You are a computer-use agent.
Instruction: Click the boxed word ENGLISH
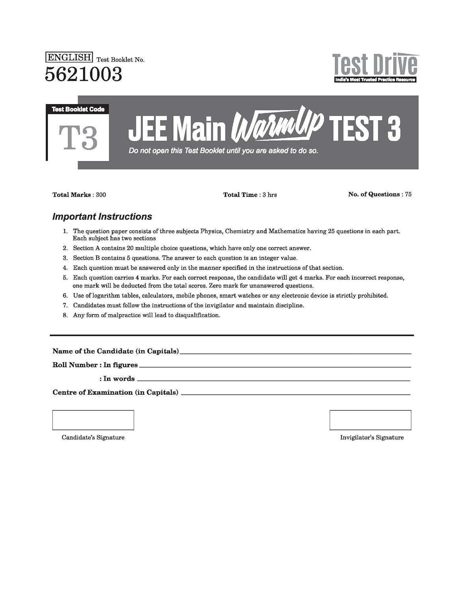click(69, 58)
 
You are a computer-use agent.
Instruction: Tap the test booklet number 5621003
click(84, 74)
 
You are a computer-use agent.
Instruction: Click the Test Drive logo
click(374, 68)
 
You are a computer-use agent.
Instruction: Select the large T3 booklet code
click(78, 138)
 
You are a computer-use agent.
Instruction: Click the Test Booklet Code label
click(78, 109)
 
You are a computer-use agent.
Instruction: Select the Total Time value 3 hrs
click(270, 195)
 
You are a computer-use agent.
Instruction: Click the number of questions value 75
click(408, 194)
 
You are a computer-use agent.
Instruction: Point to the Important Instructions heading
click(102, 217)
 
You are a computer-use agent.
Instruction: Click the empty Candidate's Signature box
click(93, 420)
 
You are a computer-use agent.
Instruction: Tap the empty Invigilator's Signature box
click(370, 420)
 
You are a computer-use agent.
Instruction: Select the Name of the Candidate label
click(116, 351)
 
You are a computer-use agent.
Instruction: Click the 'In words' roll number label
click(117, 379)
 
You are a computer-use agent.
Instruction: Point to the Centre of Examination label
click(116, 392)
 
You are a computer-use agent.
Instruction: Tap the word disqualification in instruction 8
click(196, 315)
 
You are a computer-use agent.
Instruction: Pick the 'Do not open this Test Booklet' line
click(223, 151)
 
